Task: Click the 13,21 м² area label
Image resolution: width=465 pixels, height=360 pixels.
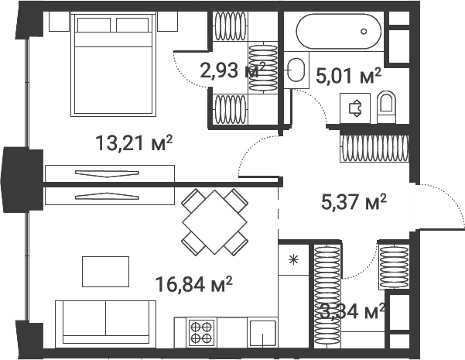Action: pos(133,143)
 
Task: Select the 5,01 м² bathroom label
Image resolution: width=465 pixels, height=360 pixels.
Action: pos(348,75)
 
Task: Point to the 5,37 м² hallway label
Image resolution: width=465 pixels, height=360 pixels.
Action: pos(353,202)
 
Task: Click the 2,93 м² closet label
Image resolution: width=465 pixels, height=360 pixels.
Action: pos(232,70)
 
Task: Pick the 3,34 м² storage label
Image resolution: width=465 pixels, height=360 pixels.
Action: pos(353,312)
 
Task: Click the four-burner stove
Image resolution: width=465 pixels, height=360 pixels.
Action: pos(202,332)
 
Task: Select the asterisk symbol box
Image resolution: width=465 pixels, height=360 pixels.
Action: pos(293,259)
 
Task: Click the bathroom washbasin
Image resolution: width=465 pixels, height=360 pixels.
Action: pos(295,70)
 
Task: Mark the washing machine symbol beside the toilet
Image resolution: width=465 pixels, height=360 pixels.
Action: pos(357,108)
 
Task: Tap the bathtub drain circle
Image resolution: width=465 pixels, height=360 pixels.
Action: pos(364,32)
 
